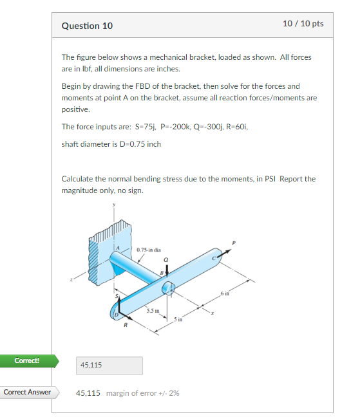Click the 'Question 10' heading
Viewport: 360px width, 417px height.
(87, 26)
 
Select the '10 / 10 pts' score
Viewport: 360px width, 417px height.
(303, 24)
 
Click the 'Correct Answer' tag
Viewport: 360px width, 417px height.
(27, 392)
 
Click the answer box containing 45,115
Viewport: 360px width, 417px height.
(109, 366)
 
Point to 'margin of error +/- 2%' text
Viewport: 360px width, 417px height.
(142, 393)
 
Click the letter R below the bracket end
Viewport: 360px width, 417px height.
(126, 326)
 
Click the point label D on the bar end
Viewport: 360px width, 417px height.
(117, 313)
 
